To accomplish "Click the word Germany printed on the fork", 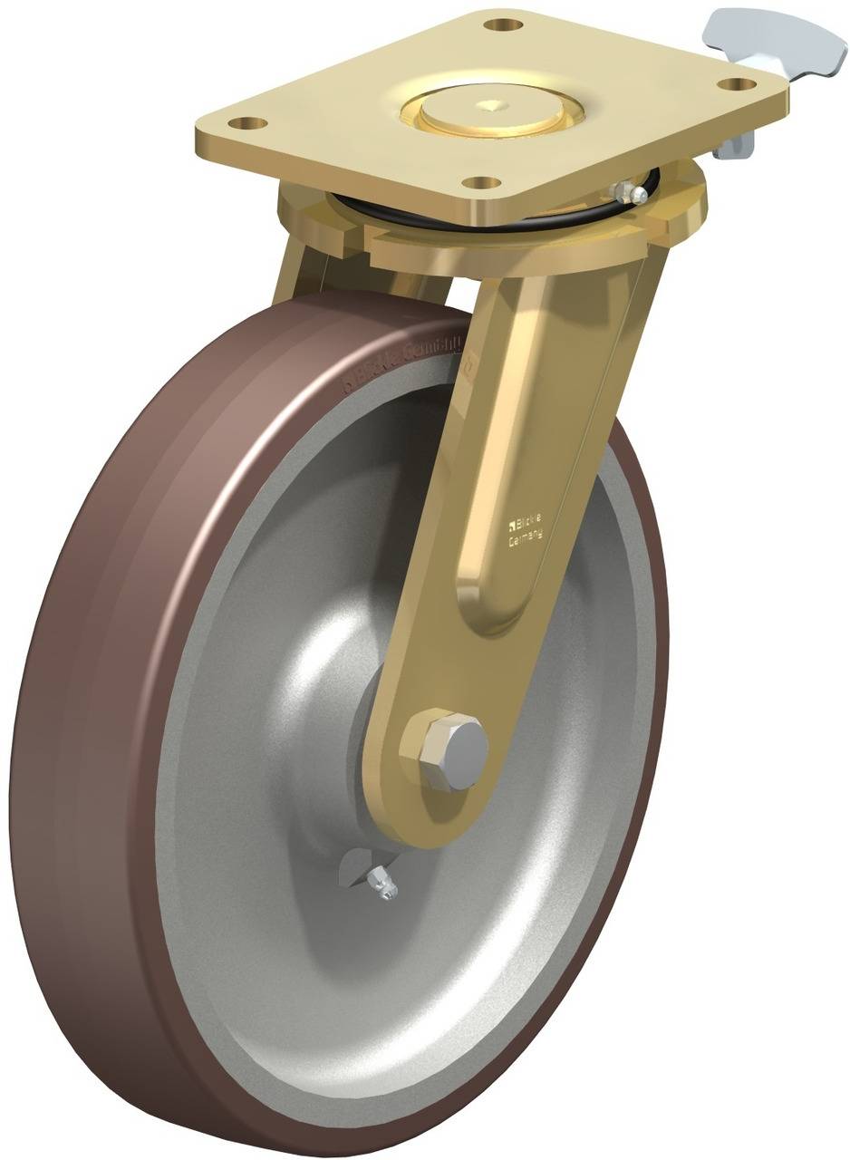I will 525,539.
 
